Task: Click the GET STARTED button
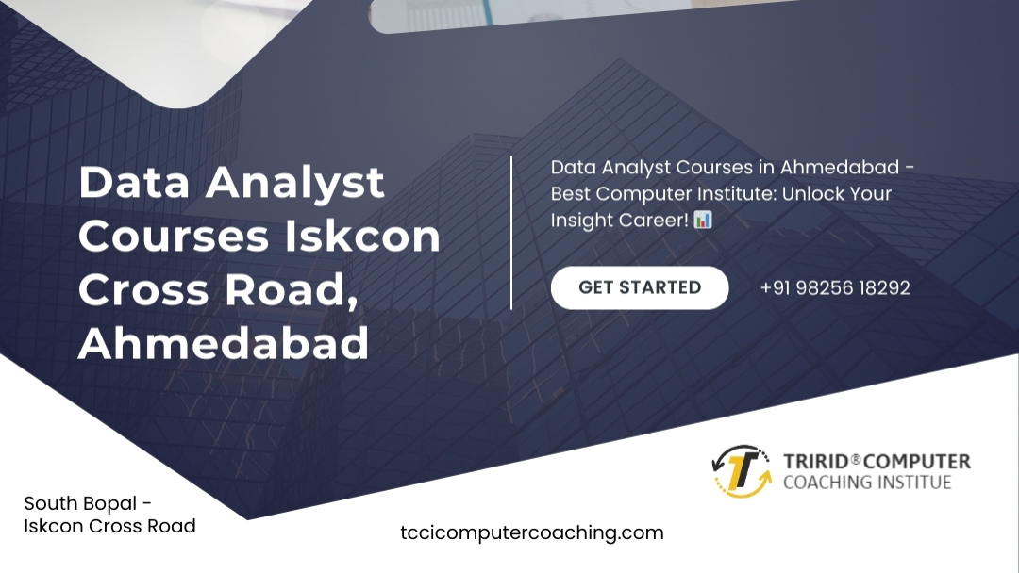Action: pos(640,287)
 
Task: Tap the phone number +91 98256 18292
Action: pos(835,288)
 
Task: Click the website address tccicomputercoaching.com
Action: pos(531,532)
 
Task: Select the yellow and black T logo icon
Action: pos(743,471)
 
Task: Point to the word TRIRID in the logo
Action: pos(816,462)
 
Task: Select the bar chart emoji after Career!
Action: pos(703,220)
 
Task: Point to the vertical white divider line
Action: pos(511,233)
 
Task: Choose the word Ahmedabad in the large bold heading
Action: pos(224,343)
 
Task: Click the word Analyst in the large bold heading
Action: pos(295,183)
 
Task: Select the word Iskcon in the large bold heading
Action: pos(362,236)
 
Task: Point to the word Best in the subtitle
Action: pos(570,193)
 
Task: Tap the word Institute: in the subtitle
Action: pos(736,193)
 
